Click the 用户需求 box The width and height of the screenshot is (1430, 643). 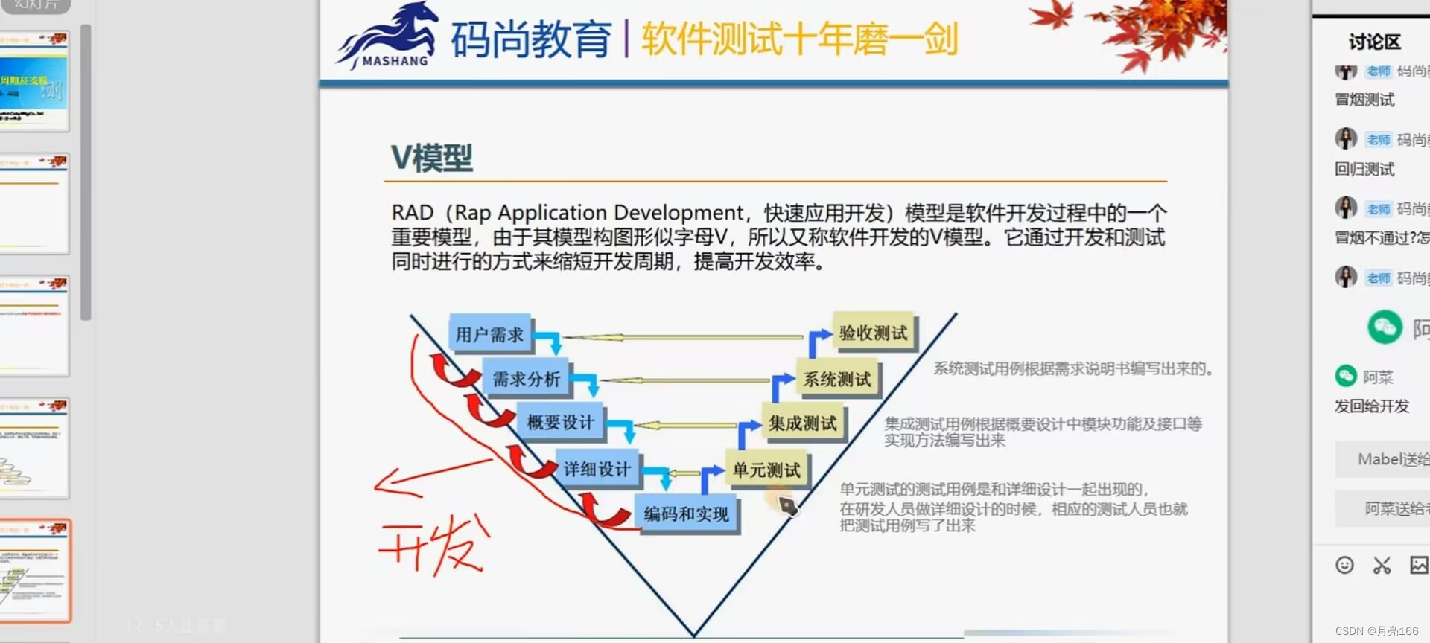489,334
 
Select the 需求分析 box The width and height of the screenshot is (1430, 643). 526,379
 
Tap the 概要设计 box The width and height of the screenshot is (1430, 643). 560,422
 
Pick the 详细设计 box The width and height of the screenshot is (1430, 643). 597,469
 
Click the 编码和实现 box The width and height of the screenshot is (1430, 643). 686,514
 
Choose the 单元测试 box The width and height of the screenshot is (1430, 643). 766,470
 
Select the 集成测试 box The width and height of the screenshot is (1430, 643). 802,423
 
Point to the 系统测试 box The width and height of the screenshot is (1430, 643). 837,379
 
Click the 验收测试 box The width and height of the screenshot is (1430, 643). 873,333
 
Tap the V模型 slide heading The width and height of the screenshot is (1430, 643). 432,158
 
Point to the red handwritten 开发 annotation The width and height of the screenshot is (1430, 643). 436,547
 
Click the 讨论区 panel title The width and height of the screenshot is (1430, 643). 1374,42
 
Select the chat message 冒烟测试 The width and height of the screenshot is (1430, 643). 1364,100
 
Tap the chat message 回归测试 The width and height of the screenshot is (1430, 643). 1364,169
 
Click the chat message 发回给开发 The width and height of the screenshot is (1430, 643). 1372,406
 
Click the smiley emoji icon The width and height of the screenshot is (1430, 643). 1344,565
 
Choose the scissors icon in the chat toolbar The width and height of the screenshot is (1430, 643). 1382,565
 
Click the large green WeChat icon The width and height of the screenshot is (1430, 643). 1385,327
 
